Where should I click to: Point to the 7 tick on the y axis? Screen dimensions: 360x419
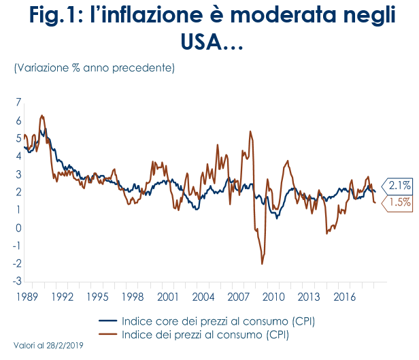point(18,102)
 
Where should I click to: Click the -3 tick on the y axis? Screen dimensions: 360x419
point(16,280)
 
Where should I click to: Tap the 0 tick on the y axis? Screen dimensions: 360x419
point(18,227)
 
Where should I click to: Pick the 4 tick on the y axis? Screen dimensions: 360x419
point(18,156)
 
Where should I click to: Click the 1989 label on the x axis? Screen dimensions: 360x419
point(26,297)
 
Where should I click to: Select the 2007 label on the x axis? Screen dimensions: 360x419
point(238,297)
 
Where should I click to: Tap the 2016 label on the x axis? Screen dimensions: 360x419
point(344,297)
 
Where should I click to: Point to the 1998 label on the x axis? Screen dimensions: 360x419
point(132,297)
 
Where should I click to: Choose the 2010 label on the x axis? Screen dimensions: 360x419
point(273,297)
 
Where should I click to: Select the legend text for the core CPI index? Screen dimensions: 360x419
point(218,321)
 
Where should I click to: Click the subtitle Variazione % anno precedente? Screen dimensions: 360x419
point(94,68)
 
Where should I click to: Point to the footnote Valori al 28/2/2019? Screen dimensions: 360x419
point(48,346)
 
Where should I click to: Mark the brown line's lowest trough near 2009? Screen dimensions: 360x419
point(262,263)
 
